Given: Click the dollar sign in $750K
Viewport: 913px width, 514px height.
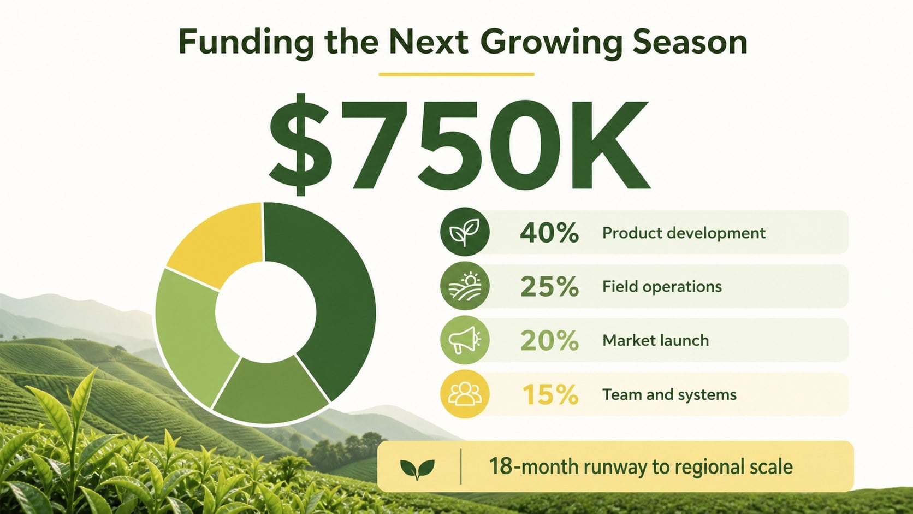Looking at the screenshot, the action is tap(300, 145).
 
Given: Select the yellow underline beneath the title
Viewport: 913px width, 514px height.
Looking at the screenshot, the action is tap(456, 74).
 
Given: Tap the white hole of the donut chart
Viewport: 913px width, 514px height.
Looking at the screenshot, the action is tap(266, 312).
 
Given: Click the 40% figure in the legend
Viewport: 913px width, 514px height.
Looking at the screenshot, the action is tap(549, 233).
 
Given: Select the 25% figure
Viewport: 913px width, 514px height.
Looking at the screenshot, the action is tap(549, 286).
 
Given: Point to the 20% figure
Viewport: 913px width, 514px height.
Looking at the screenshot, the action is tap(549, 340).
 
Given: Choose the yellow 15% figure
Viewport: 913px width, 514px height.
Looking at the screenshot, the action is tap(550, 394).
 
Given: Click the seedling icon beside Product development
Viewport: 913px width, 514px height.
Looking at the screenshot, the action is tap(465, 232).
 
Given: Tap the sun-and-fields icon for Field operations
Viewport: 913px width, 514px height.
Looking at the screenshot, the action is tap(465, 286).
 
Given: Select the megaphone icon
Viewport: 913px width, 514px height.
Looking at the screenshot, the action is tap(465, 340).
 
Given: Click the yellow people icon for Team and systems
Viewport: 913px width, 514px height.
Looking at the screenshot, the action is tap(465, 394).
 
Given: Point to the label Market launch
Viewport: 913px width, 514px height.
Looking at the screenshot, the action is tap(655, 340).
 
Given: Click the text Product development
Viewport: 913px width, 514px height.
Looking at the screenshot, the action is tap(684, 233).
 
